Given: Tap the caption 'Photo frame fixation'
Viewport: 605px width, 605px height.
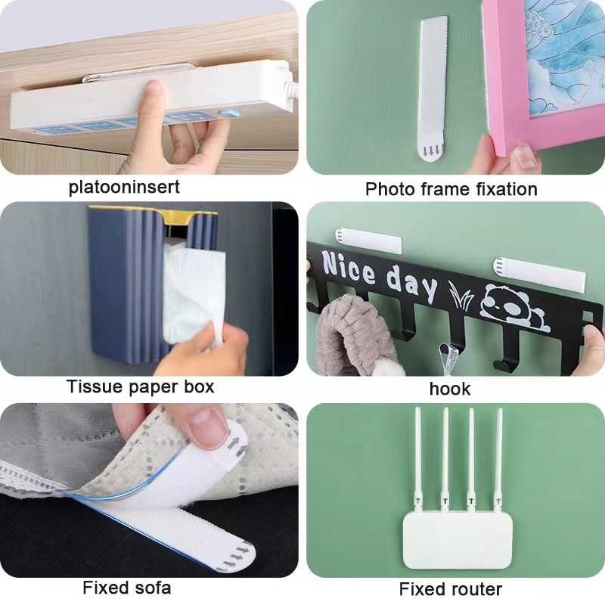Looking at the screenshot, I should click(x=451, y=189).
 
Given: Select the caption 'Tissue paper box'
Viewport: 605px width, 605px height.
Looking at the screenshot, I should click(x=140, y=387).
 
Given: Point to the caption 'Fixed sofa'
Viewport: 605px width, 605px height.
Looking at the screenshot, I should click(x=127, y=588).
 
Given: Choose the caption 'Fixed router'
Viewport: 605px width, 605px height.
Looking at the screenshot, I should click(x=450, y=589).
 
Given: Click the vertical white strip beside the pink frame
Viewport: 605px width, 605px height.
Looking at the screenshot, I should click(x=433, y=87).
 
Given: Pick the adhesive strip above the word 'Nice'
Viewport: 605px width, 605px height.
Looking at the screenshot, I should click(x=368, y=241).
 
